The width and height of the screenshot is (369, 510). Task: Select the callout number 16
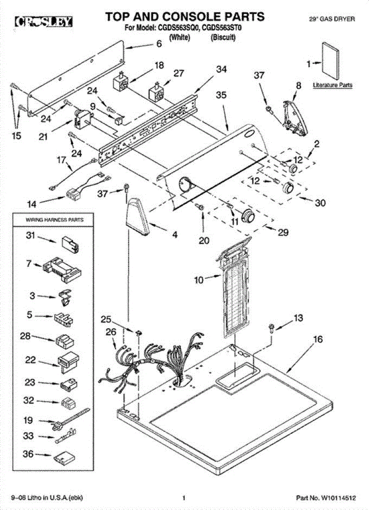tap(318, 340)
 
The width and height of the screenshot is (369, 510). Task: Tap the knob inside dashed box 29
tap(247, 216)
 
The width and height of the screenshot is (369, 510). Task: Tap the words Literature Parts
tap(332, 85)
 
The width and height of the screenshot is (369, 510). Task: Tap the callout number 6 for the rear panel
tap(159, 43)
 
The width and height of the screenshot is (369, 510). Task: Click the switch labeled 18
tap(120, 82)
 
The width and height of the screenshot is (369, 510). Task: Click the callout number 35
tap(221, 96)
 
